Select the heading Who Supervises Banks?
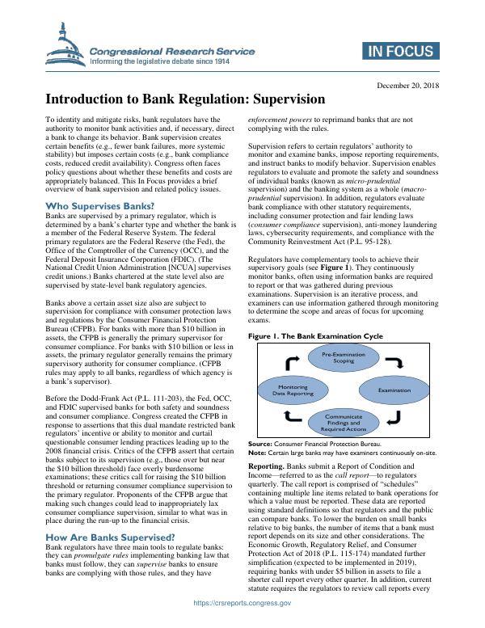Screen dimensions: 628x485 [95, 207]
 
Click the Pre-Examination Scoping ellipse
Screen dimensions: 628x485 [344, 357]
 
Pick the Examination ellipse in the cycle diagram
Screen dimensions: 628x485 [394, 390]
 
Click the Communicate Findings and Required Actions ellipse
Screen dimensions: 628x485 [344, 422]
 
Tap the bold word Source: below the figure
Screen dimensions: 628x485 [260, 445]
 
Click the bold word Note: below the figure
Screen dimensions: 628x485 [257, 453]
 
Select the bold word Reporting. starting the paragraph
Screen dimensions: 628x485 [266, 468]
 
